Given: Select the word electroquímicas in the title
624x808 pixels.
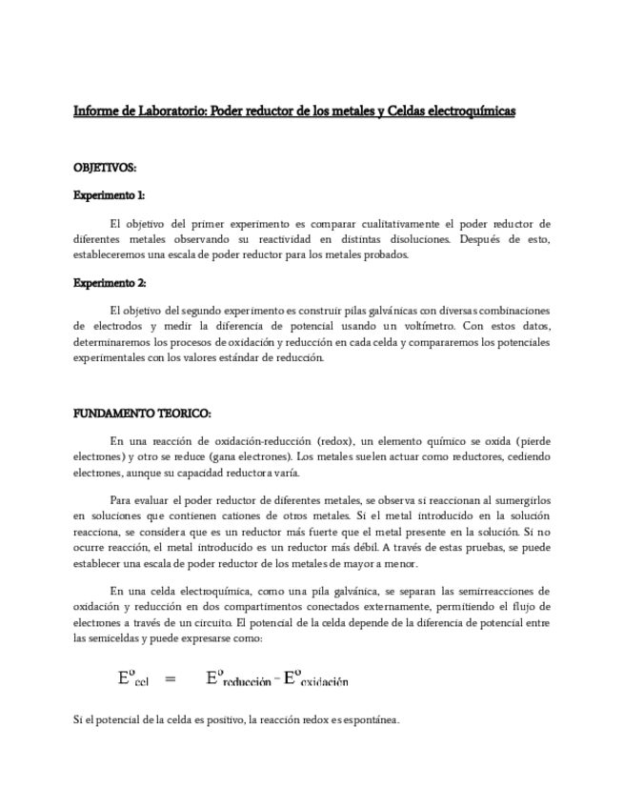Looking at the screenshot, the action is (x=468, y=111).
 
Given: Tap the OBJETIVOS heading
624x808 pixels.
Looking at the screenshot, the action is (x=105, y=168).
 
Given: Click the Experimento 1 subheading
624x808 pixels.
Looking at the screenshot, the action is (x=110, y=195).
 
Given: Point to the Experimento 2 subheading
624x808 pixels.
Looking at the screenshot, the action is (x=110, y=283).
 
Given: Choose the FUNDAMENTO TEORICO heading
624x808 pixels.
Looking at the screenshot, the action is (x=142, y=414).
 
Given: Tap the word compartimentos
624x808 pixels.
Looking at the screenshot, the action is (x=296, y=607).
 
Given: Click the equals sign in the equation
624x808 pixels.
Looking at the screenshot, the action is (x=171, y=678).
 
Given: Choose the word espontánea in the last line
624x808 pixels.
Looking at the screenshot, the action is (x=366, y=719).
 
